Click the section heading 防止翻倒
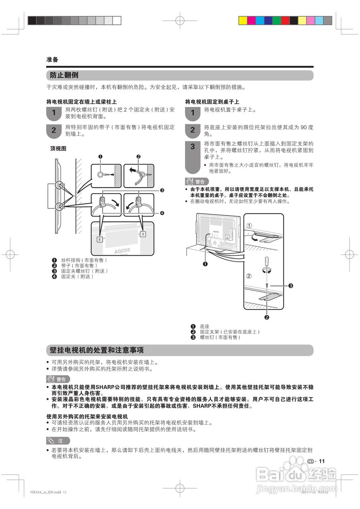(64, 75)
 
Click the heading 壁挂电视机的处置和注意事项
(97, 350)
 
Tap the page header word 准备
(52, 60)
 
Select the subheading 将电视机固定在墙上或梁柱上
(82, 102)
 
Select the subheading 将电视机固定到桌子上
(212, 102)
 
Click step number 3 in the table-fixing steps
(193, 147)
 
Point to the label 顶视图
(58, 148)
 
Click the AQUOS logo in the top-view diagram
(122, 251)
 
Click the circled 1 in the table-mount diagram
(249, 225)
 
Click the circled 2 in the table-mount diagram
(249, 276)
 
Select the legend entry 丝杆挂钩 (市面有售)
(84, 260)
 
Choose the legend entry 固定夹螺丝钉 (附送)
(84, 271)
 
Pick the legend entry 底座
(204, 326)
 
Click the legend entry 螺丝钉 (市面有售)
(220, 337)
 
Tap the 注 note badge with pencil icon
(58, 441)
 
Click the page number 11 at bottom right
(322, 461)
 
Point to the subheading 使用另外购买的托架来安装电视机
(87, 416)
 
